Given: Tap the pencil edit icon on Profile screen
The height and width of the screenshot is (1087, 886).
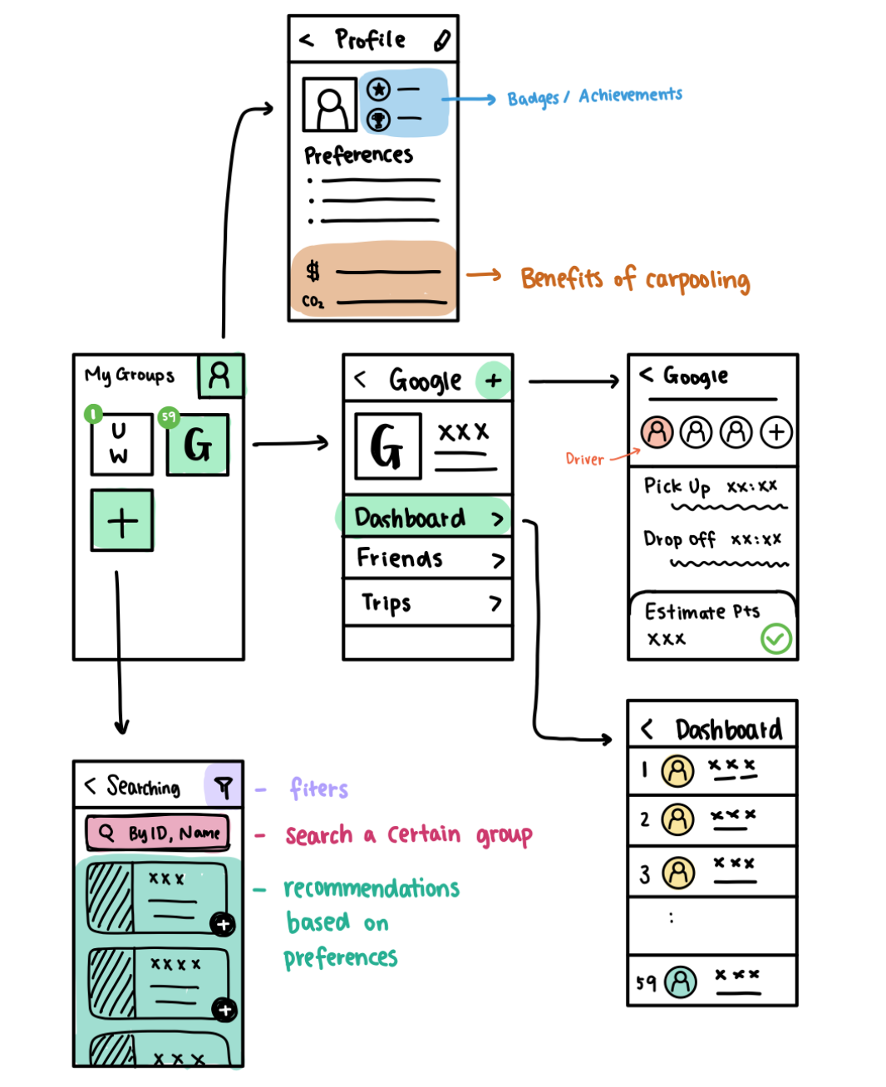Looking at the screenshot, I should (442, 40).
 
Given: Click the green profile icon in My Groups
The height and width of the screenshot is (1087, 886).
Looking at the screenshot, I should (220, 376).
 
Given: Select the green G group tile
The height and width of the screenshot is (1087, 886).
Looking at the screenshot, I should (198, 445).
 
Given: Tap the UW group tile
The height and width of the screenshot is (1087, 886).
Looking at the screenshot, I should (121, 444).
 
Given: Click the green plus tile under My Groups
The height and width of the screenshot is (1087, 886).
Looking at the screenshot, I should (122, 521).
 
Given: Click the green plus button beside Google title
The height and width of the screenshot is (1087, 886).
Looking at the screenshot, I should (494, 381).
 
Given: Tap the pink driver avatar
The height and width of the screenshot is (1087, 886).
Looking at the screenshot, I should (657, 432).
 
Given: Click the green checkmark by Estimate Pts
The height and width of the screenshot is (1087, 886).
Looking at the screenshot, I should (776, 638).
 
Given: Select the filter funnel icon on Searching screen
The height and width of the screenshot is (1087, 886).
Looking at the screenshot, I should (224, 785).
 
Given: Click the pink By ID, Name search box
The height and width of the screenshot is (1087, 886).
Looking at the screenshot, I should (158, 833).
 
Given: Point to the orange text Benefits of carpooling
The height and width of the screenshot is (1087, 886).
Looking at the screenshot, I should (635, 278).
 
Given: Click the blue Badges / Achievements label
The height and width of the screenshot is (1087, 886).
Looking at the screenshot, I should (595, 96).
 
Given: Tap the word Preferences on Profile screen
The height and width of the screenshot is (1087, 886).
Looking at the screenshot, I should (358, 155).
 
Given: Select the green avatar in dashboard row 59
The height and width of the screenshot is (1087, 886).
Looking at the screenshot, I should (681, 981).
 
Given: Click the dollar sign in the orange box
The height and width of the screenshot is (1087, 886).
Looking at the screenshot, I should (313, 271).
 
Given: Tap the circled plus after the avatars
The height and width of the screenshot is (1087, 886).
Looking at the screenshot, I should (776, 432).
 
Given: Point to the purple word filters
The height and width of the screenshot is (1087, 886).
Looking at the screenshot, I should (319, 788).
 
